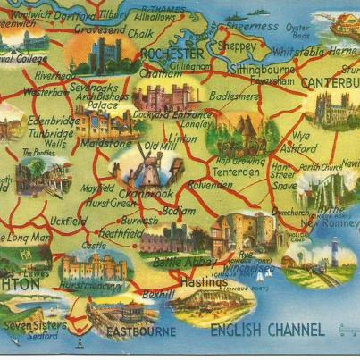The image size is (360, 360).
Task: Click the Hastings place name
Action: pyautogui.click(x=205, y=281)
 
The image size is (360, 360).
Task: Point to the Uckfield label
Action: pyautogui.click(x=68, y=220)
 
